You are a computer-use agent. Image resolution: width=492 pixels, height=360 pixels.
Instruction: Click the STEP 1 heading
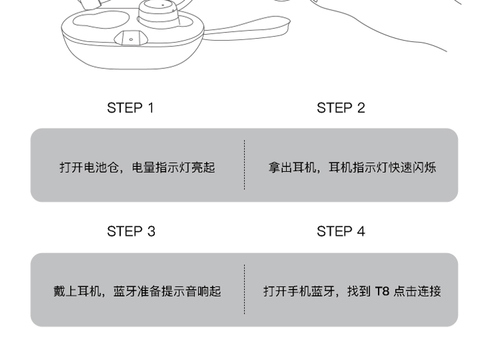131,108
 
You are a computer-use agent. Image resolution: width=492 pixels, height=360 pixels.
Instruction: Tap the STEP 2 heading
340,108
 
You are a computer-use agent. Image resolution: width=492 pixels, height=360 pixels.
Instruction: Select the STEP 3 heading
131,231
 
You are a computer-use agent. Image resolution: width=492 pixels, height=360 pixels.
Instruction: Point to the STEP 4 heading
340,231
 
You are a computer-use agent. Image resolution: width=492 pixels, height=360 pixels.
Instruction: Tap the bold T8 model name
382,291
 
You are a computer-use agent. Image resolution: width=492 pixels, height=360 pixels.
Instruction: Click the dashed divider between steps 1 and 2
245,165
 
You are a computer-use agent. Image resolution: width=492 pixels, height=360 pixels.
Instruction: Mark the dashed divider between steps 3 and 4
245,289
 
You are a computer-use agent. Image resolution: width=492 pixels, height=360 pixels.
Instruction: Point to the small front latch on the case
131,39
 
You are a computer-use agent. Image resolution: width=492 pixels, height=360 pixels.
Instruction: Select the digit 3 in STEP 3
151,231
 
